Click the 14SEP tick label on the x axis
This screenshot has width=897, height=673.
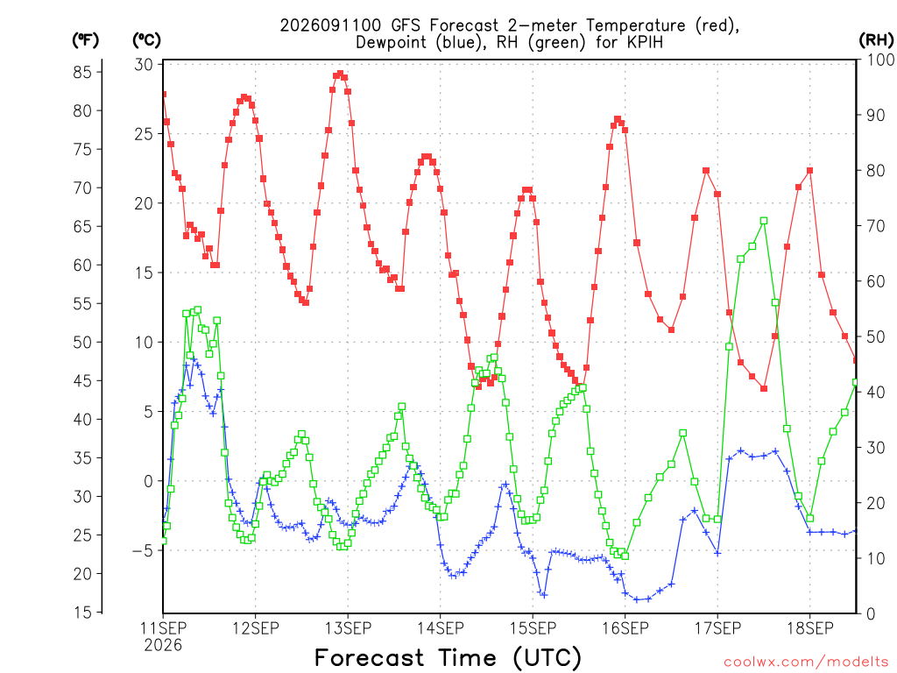[441, 628]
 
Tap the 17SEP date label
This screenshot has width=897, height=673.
[717, 628]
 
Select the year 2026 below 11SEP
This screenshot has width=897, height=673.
[163, 646]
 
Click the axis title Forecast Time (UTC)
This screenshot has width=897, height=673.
[448, 658]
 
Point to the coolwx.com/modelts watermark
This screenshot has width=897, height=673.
[806, 662]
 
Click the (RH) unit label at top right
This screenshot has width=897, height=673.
[876, 40]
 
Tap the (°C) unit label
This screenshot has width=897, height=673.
[146, 40]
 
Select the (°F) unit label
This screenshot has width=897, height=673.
[85, 40]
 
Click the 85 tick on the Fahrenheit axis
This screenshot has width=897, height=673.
[81, 72]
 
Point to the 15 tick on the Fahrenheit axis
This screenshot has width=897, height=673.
[81, 613]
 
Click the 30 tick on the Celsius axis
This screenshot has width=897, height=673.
[144, 65]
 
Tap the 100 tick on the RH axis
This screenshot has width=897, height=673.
[880, 60]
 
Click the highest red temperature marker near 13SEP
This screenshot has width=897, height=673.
[341, 74]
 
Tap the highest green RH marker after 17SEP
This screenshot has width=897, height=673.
[764, 221]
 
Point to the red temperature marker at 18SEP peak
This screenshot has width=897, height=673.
[809, 171]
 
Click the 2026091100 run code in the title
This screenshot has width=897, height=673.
[330, 25]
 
